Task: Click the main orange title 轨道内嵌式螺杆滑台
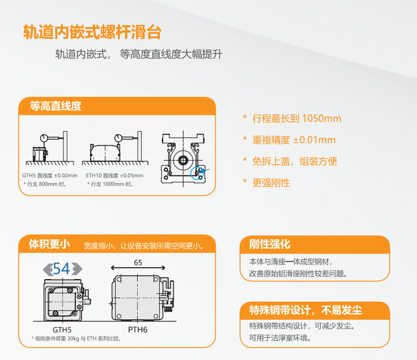[x=92, y=32]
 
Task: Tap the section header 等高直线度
[x=56, y=106]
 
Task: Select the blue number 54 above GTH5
[x=61, y=269]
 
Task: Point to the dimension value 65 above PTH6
[x=138, y=263]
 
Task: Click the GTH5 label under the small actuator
[x=62, y=329]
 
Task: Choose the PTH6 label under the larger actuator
[x=138, y=329]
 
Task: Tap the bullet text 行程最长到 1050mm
[x=296, y=118]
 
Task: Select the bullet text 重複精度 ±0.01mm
[x=294, y=140]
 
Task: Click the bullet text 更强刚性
[x=271, y=183]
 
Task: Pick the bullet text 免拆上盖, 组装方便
[x=295, y=161]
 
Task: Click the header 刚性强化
[x=270, y=244]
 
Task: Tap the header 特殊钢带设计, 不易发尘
[x=306, y=310]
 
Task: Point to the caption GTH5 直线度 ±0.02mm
[x=50, y=175]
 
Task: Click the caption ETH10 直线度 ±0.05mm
[x=114, y=175]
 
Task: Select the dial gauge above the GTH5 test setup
[x=44, y=138]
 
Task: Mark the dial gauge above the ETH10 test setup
[x=118, y=138]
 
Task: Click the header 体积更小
[x=49, y=244]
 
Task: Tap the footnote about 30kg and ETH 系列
[x=76, y=338]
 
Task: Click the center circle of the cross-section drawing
[x=183, y=160]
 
